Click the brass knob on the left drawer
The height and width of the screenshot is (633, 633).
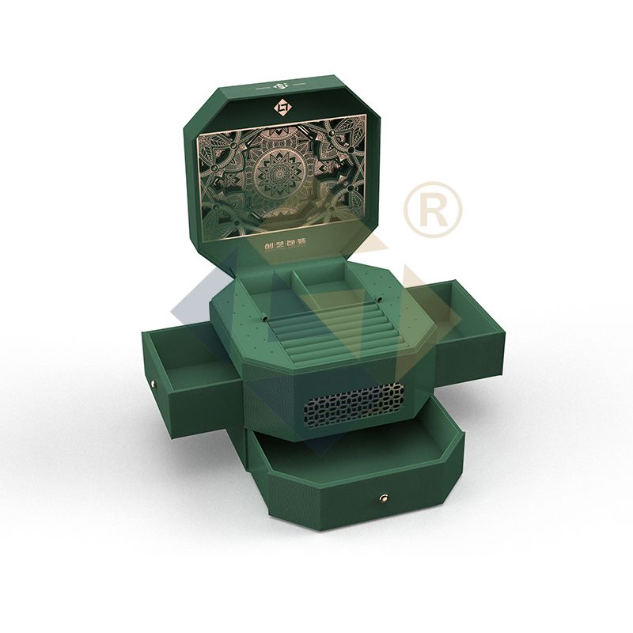154,385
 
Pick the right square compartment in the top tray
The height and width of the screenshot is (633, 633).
324,281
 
